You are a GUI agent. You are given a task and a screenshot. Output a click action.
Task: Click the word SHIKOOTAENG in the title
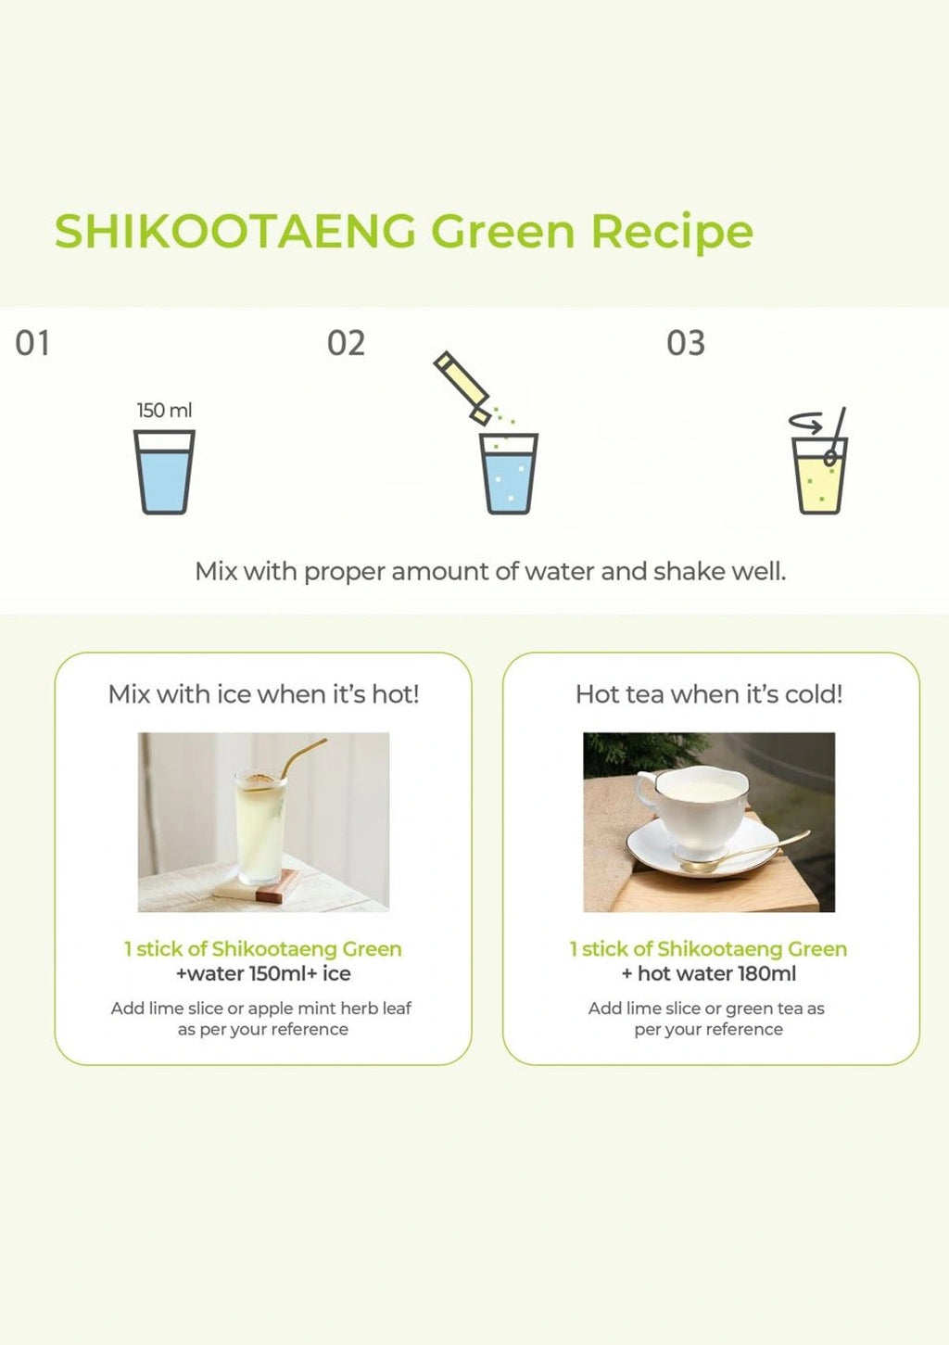(234, 231)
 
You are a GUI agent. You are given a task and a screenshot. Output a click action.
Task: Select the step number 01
(32, 344)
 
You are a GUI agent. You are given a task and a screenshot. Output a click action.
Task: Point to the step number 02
(346, 344)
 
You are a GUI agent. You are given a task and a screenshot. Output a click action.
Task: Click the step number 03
(686, 344)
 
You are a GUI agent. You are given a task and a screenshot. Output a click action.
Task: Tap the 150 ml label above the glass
(164, 411)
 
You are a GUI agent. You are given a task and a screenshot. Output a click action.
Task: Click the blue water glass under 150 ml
(164, 472)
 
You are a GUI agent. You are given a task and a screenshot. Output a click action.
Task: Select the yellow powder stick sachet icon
(462, 387)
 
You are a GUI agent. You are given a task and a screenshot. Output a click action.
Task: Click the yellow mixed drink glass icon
(819, 476)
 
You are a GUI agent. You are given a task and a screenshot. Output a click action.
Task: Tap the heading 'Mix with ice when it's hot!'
(263, 694)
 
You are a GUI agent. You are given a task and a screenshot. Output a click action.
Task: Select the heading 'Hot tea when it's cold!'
(709, 694)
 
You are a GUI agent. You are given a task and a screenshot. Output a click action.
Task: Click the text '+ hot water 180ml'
(709, 974)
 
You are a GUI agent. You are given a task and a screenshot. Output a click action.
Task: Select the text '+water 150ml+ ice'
(263, 974)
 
